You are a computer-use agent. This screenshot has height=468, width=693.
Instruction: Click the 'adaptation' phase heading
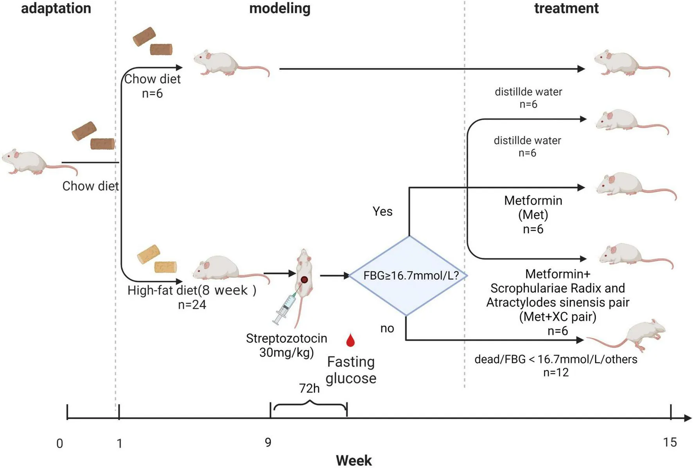56,8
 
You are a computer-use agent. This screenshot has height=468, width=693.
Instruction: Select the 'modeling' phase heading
280,8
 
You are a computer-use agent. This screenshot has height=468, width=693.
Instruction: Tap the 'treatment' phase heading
566,8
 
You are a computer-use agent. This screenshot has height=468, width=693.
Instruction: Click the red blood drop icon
350,340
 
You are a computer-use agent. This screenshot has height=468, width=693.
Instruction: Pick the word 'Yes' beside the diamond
382,211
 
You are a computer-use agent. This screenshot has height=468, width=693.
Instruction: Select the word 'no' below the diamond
387,328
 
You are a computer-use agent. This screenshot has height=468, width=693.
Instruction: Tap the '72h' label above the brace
309,388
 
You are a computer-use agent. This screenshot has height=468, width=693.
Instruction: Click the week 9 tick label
268,442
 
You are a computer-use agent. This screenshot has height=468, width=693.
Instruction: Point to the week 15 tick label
670,442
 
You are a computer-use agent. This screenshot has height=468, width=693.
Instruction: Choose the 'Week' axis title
354,460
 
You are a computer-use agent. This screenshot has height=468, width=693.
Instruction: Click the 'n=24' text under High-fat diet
192,304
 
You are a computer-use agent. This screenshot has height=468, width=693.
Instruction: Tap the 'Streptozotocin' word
286,338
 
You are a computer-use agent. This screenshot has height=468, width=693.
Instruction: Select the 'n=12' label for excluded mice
556,372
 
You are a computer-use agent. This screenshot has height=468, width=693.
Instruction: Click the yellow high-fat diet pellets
157,259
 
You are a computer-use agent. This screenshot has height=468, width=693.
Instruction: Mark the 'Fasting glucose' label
351,370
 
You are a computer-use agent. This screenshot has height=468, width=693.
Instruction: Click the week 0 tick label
59,443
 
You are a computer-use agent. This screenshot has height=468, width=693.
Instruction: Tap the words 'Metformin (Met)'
533,207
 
